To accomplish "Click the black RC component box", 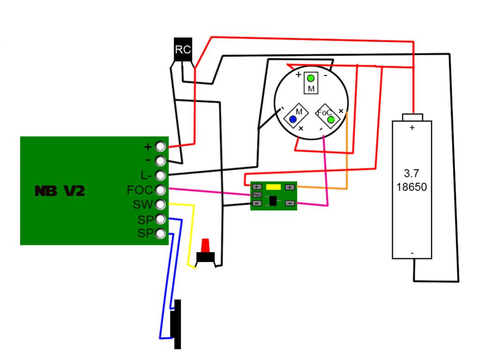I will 183,49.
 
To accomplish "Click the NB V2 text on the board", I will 60,191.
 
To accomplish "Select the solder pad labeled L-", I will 160,176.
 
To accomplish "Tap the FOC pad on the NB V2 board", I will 160,190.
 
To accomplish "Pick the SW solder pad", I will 160,205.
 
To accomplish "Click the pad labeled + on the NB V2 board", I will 160,146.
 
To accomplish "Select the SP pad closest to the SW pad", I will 160,219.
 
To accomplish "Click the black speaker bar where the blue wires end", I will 177,324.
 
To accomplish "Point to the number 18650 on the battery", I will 411,187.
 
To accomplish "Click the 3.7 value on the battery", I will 411,173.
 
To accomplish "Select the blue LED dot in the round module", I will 293,119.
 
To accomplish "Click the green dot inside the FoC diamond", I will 331,120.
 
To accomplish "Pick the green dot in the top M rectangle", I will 311,78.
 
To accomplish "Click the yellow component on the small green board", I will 273,187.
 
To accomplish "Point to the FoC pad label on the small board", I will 257,195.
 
